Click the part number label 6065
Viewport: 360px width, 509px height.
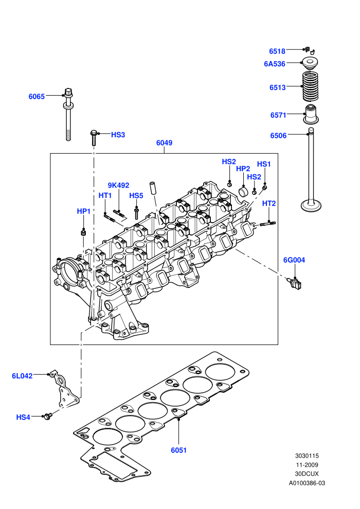tap(37, 97)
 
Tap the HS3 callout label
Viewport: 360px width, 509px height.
tap(118, 135)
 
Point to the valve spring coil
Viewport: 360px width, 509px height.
tap(310, 86)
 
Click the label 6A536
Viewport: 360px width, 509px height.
tap(274, 64)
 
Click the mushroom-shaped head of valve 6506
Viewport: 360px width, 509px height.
tap(311, 206)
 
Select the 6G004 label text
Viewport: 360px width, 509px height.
tap(294, 260)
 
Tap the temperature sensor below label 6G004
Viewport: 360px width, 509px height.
tap(295, 284)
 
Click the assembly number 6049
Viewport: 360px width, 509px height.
tap(164, 143)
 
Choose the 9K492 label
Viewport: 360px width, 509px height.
tap(118, 186)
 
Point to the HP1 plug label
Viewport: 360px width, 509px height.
tap(83, 211)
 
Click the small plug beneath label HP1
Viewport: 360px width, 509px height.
tap(83, 233)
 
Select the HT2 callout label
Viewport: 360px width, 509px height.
tap(269, 204)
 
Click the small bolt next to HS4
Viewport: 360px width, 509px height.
tap(48, 415)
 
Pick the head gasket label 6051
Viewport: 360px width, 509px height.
tap(179, 450)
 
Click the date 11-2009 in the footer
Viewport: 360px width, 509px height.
tap(307, 465)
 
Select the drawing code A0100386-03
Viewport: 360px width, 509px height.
tap(307, 483)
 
